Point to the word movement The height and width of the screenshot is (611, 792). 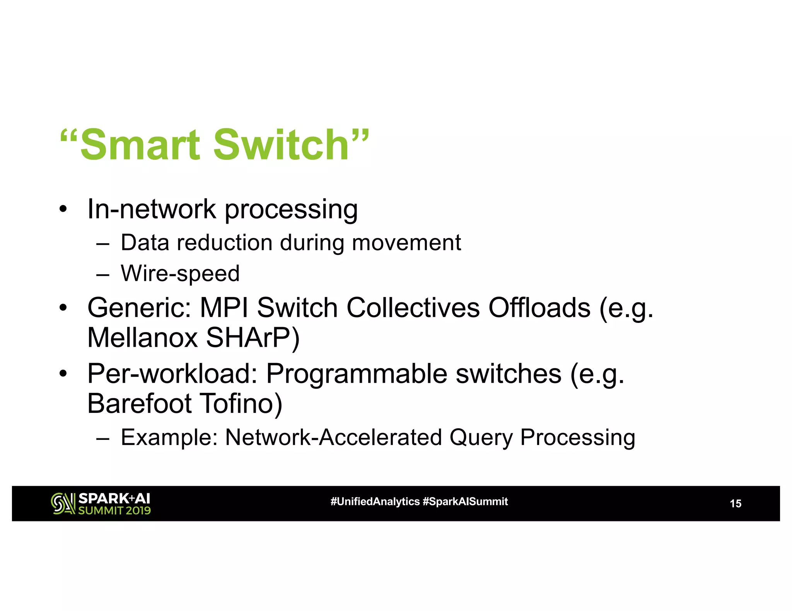point(406,243)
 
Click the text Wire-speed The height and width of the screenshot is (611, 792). point(180,274)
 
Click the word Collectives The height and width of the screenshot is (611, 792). point(413,308)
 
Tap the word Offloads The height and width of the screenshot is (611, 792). point(539,308)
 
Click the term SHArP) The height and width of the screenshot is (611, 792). point(253,338)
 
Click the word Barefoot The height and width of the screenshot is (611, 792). point(139,404)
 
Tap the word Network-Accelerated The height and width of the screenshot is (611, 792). point(333,438)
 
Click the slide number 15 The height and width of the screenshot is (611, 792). point(735,504)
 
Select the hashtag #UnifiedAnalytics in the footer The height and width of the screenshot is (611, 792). point(375,502)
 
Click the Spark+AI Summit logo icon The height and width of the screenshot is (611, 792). point(63,504)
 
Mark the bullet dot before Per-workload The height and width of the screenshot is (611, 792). point(63,374)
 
